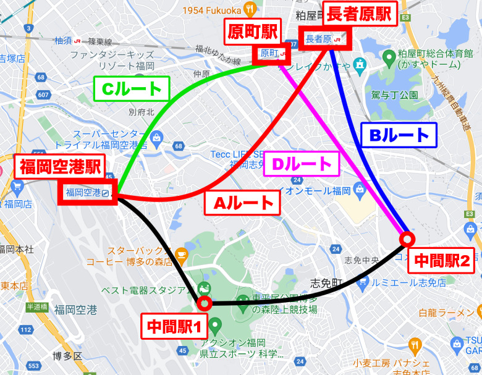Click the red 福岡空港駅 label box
pos(59,166)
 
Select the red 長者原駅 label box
pos(360,14)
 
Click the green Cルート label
pos(132,89)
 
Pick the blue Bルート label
pos(398,135)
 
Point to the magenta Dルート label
pos(303,164)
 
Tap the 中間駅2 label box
pos(442,261)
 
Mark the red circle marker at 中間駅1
pos(203,303)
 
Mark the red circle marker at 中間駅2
pos(406,238)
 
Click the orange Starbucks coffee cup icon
pos(181,253)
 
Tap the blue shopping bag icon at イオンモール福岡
pos(359,190)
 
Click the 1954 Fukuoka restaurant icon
pos(250,9)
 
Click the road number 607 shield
pos(43,95)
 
